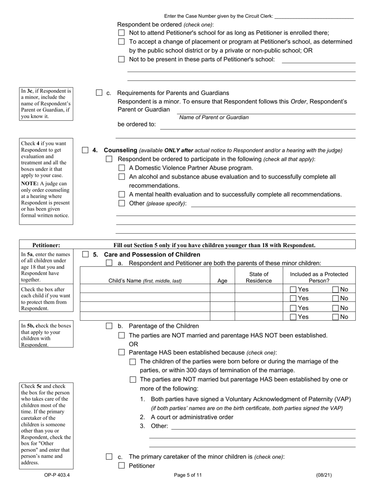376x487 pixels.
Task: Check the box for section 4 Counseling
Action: [x=85, y=150]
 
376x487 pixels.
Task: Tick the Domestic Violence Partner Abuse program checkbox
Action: [x=122, y=168]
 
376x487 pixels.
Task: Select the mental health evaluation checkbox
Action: [x=122, y=194]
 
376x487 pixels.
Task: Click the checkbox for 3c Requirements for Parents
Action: [x=99, y=93]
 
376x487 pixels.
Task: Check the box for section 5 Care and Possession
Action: [x=85, y=255]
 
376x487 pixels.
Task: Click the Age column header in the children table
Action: [x=222, y=281]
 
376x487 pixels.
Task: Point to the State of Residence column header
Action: [x=259, y=278]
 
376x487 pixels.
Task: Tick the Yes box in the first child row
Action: [x=293, y=289]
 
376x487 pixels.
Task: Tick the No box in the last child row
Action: [x=336, y=317]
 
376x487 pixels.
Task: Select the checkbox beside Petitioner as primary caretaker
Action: [x=122, y=466]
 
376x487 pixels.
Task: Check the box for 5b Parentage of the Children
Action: [x=109, y=326]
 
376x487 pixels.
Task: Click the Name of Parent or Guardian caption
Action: [x=214, y=117]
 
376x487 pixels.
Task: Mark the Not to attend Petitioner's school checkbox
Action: [x=122, y=33]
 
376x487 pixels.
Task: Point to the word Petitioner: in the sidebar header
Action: [x=46, y=245]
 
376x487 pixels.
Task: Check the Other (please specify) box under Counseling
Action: [x=122, y=204]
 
